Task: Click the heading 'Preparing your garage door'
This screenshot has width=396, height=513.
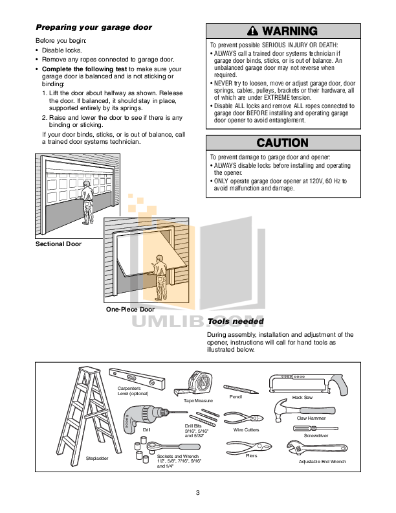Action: point(94,27)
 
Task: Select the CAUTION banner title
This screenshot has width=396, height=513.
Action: point(282,142)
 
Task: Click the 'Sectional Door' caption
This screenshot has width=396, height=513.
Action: point(58,244)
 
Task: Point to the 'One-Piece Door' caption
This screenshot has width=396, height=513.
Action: point(130,310)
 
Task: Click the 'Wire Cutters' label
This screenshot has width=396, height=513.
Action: point(246,429)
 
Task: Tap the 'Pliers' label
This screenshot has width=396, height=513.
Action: point(251,455)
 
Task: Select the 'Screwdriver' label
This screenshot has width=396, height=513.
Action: point(316,437)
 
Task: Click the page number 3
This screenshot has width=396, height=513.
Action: point(198,494)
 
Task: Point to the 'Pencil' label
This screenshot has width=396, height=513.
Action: point(236,396)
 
